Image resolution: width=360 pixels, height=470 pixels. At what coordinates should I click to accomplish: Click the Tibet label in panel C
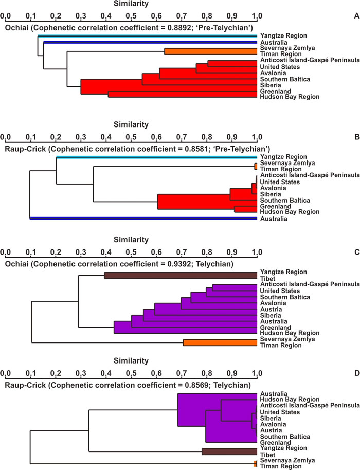tap(268, 278)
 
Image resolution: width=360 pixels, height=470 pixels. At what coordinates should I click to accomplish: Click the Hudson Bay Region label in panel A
tap(289, 97)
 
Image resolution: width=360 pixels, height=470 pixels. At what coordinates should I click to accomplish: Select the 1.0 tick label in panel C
tap(257, 254)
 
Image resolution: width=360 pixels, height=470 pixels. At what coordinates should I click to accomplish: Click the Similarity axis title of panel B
tap(131, 124)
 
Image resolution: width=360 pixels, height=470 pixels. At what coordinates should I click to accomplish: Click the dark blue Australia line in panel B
tap(144, 219)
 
